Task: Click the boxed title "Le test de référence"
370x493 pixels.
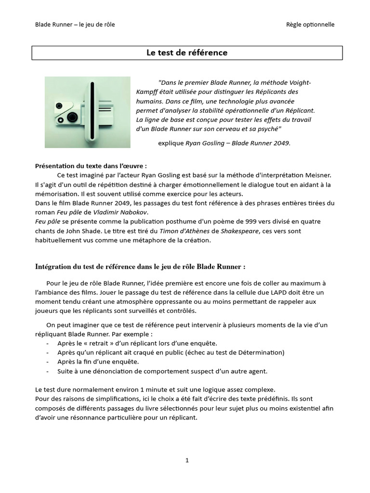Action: click(x=187, y=53)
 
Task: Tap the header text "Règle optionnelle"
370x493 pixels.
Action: click(x=310, y=25)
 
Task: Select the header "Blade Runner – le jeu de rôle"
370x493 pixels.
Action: click(x=75, y=25)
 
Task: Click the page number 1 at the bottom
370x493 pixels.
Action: click(x=187, y=460)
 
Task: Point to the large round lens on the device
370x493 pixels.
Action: click(x=73, y=117)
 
